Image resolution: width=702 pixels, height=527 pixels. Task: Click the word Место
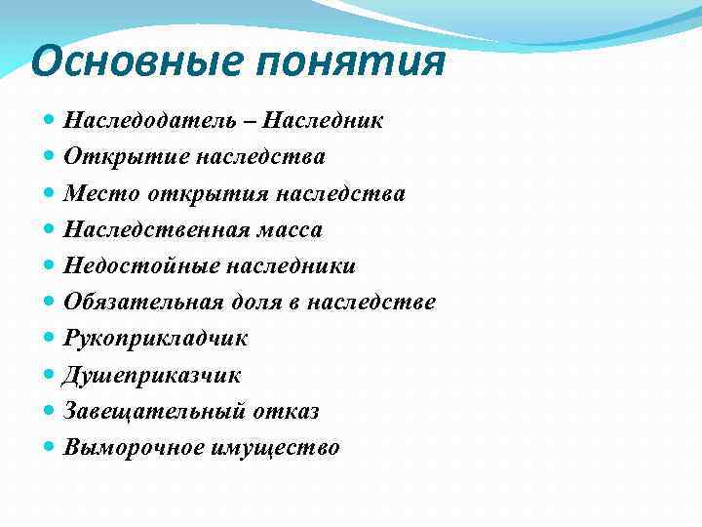(x=102, y=193)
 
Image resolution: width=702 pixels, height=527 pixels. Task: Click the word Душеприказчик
(x=152, y=376)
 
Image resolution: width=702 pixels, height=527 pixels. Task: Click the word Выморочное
(x=134, y=448)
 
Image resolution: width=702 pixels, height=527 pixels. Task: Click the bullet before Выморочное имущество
(x=51, y=448)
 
